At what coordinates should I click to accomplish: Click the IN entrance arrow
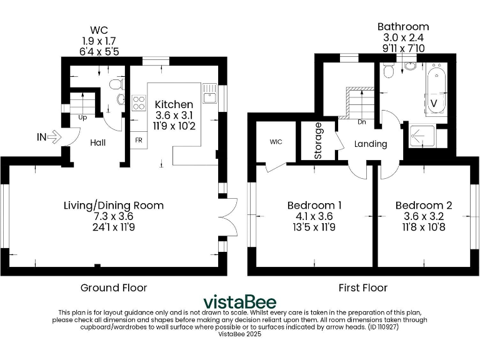[53, 136]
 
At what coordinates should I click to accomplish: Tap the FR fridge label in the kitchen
[138, 141]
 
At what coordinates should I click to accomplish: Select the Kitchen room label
[174, 104]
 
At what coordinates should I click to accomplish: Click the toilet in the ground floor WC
[115, 86]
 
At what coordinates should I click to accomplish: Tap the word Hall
[97, 142]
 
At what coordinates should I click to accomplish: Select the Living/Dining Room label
[114, 205]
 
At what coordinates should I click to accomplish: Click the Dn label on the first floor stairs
[361, 122]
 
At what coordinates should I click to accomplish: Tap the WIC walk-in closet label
[276, 142]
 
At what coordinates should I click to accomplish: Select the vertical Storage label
[318, 141]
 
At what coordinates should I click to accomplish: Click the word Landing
[371, 144]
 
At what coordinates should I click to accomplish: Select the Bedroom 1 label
[314, 205]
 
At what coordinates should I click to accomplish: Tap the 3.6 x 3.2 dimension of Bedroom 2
[423, 216]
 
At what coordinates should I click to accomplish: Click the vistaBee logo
[240, 302]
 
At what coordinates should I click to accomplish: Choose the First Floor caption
[362, 287]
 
